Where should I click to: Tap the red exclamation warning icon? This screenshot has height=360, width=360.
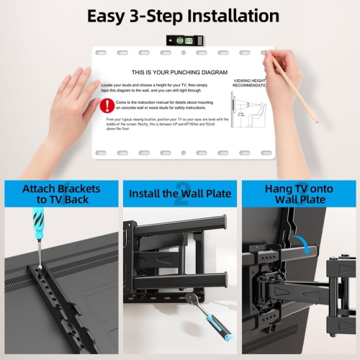[106, 105]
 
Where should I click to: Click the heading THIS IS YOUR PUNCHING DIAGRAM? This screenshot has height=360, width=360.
[179, 73]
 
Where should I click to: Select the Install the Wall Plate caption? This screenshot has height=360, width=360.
[179, 194]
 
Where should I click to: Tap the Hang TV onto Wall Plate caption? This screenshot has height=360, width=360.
[300, 194]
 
